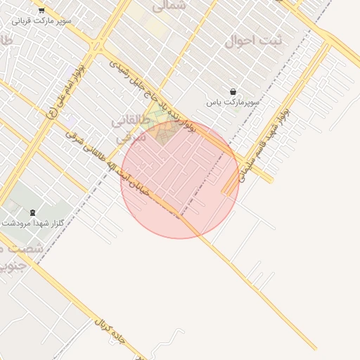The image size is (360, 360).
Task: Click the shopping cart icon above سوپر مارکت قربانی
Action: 41,11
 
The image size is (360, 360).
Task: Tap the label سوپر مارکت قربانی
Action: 41,21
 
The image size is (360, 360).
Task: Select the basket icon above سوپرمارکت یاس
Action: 233,91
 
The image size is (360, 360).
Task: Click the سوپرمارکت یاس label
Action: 233,103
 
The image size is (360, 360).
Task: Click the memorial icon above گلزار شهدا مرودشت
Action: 32,212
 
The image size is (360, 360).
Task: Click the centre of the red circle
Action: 180,179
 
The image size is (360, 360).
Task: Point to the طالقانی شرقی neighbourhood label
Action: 130,129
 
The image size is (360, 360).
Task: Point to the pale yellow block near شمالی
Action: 155,27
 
